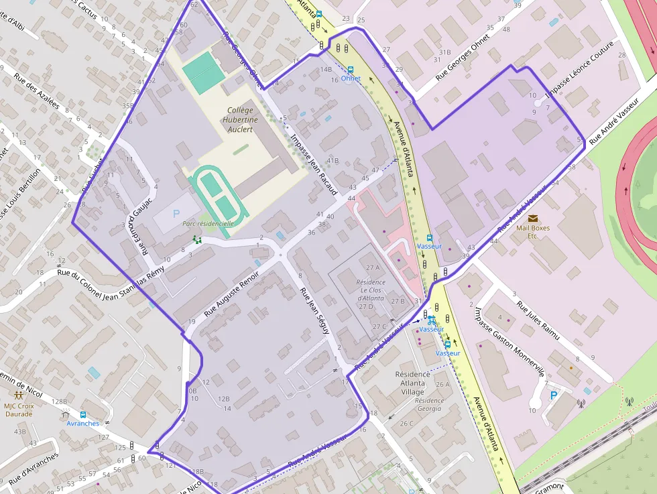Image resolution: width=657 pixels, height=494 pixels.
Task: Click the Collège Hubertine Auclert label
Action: pyautogui.click(x=239, y=119)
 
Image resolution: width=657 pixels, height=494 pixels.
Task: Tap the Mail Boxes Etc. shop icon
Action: pyautogui.click(x=533, y=219)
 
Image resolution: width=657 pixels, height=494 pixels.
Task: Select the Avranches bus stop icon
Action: pyautogui.click(x=83, y=414)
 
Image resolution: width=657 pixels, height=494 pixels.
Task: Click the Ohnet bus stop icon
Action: pyautogui.click(x=350, y=69)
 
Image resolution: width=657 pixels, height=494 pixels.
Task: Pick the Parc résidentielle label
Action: pyautogui.click(x=208, y=224)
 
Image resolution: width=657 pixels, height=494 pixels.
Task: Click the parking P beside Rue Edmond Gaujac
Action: pyautogui.click(x=176, y=214)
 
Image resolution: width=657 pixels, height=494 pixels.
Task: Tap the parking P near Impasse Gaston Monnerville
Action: pyautogui.click(x=553, y=395)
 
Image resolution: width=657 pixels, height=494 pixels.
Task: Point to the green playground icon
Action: pyautogui.click(x=197, y=239)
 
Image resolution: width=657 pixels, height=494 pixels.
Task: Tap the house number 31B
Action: pyautogui.click(x=444, y=52)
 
